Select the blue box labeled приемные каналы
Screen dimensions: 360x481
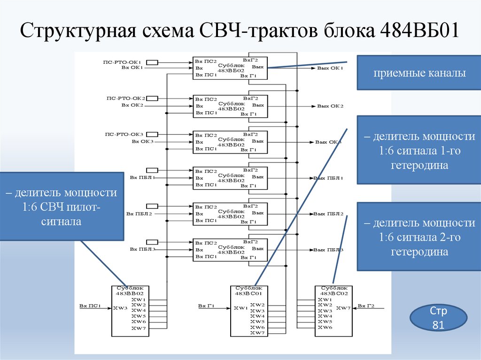[x=419, y=73]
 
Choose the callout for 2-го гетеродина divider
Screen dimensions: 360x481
[x=419, y=237]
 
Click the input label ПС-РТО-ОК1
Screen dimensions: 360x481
[x=124, y=61]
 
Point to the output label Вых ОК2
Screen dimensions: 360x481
[x=330, y=106]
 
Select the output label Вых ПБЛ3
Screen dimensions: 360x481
[x=328, y=250]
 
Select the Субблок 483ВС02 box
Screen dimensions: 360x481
[x=333, y=311]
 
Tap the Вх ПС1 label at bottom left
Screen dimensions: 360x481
[x=90, y=306]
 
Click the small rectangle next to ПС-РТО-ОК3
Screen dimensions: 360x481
[x=152, y=134]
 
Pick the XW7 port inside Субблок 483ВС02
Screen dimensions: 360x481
[x=343, y=308]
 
